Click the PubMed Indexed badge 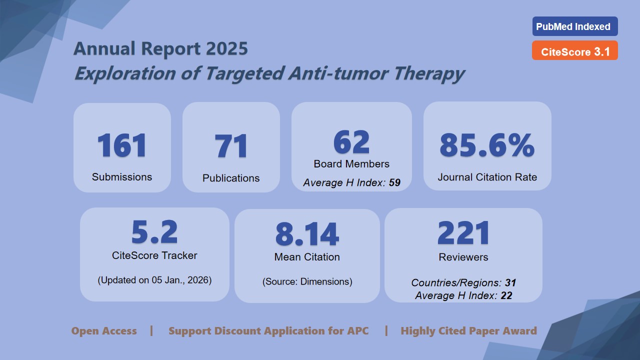point(574,27)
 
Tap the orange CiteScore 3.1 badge point(574,51)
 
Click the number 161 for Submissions point(122,145)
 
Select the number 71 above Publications point(231,147)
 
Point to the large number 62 point(351,142)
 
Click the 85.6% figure point(487,145)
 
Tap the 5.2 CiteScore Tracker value point(154,232)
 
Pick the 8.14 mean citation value point(307,234)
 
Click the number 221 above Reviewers point(463,233)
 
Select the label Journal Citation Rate point(487,177)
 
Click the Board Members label point(351,164)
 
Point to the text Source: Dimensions point(307,281)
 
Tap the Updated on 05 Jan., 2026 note point(154,280)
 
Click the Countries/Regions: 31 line point(463,283)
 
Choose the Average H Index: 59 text point(351,182)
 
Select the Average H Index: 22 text point(463,295)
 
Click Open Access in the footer point(104,331)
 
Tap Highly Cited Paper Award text point(468,331)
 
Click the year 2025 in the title point(225,49)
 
